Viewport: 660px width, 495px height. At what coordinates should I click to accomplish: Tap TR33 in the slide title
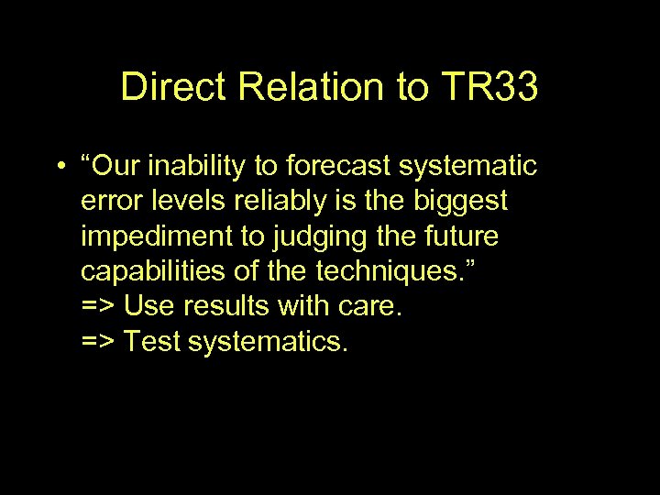click(x=489, y=88)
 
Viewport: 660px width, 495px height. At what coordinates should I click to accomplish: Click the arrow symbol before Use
click(x=98, y=307)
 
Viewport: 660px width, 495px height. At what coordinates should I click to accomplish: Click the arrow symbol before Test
click(x=98, y=342)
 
